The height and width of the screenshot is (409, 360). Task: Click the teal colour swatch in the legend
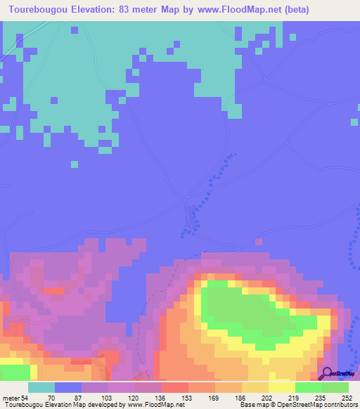41,388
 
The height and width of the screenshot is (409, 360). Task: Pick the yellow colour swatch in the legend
281,388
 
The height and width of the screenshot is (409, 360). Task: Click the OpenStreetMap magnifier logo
327,373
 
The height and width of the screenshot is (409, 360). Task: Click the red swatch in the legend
174,388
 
